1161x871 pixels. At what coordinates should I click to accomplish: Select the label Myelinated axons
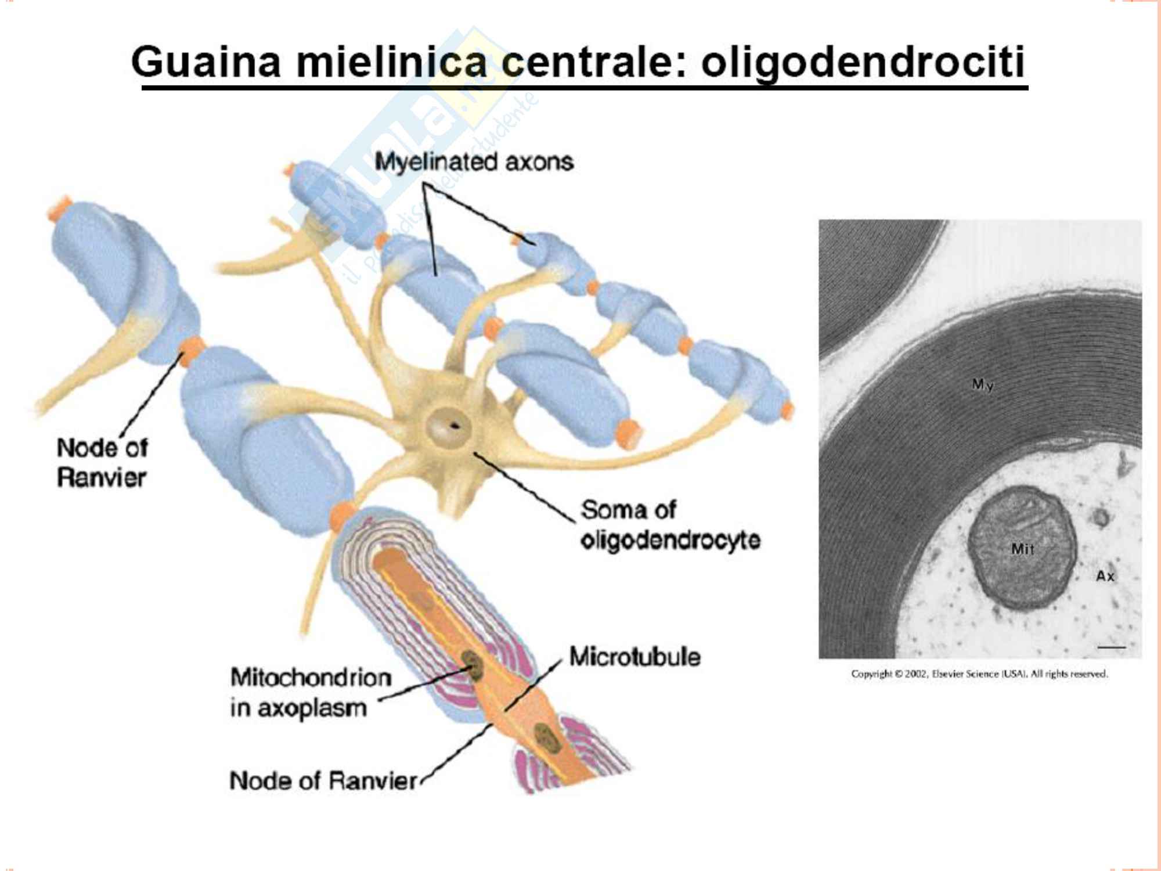[x=474, y=162]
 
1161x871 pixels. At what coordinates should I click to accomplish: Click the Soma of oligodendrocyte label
[x=670, y=525]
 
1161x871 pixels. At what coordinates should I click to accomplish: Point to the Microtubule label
[x=634, y=657]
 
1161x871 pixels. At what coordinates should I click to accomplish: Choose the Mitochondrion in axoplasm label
[x=310, y=692]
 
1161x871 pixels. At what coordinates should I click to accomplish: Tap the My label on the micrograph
[x=982, y=384]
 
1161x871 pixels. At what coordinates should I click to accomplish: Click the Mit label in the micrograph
[x=1022, y=549]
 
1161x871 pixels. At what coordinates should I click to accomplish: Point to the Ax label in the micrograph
[x=1105, y=576]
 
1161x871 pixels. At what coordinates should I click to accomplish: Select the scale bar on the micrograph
[x=1111, y=647]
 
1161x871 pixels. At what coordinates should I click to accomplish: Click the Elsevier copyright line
[x=979, y=674]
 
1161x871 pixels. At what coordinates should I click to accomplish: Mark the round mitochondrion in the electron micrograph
[x=1022, y=546]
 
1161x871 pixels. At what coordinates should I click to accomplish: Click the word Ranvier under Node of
[x=102, y=478]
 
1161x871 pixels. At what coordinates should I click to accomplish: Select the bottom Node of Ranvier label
[x=323, y=781]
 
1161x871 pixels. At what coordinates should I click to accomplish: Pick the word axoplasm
[x=312, y=708]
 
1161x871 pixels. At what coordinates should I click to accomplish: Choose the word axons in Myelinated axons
[x=539, y=162]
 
